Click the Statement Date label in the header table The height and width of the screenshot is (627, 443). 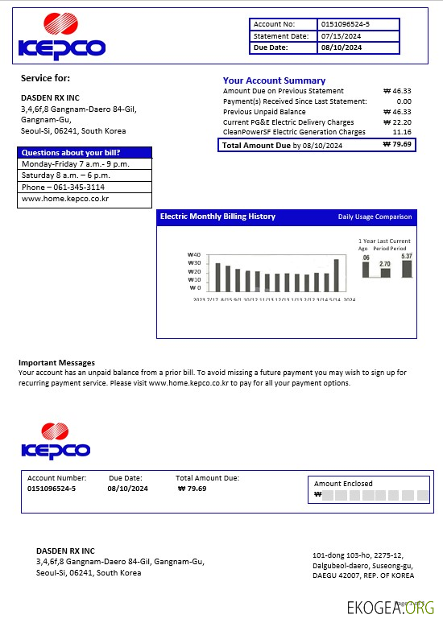[280, 36]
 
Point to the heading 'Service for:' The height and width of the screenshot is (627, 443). [45, 78]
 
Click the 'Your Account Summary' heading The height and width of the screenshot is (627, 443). [274, 80]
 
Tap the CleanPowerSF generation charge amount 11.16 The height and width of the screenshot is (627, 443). [402, 132]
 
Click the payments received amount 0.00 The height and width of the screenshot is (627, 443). [404, 101]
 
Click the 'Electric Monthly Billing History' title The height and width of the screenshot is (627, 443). [217, 217]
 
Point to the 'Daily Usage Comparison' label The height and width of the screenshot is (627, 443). [375, 217]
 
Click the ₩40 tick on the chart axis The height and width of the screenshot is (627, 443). [193, 255]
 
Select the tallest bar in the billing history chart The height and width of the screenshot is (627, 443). [336, 274]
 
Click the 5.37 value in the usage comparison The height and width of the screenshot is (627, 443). [406, 256]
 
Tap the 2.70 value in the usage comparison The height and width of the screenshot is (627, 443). [384, 264]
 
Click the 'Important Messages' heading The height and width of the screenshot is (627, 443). [56, 363]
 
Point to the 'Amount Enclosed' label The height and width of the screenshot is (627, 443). [343, 484]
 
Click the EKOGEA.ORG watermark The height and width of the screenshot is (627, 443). [391, 608]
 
